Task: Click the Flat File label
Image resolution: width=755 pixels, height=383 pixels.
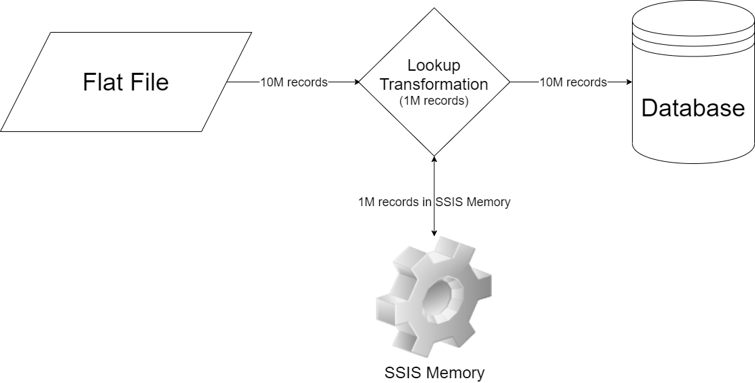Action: pyautogui.click(x=126, y=82)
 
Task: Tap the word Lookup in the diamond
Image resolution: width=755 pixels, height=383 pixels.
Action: pyautogui.click(x=434, y=66)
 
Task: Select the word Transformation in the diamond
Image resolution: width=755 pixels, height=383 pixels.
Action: pyautogui.click(x=434, y=84)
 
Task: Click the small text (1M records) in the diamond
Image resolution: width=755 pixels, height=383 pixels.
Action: pyautogui.click(x=434, y=101)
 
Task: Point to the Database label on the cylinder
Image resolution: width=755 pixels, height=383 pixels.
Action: pyautogui.click(x=693, y=107)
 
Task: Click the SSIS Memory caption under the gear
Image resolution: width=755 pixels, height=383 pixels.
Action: pyautogui.click(x=434, y=373)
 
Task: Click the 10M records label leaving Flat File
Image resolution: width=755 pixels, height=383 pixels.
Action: pyautogui.click(x=294, y=82)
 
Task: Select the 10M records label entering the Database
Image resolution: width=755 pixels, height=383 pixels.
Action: pyautogui.click(x=573, y=82)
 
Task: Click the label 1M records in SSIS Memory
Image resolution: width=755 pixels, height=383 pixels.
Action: pyautogui.click(x=434, y=202)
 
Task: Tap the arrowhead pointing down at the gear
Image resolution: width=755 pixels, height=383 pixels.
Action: pyautogui.click(x=434, y=234)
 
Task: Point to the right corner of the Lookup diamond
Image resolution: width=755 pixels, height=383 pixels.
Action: pyautogui.click(x=510, y=82)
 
